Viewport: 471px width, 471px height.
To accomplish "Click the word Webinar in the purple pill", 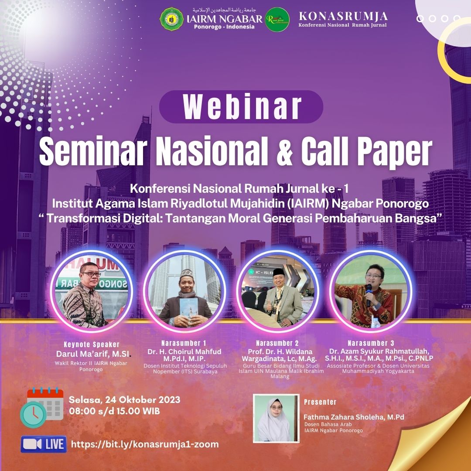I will pyautogui.click(x=241, y=106).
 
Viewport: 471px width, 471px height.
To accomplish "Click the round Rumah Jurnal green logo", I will pyautogui.click(x=277, y=19).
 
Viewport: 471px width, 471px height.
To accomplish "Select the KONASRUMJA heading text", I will pyautogui.click(x=343, y=17).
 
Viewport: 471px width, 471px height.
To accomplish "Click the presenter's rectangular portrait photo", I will pyautogui.click(x=276, y=419).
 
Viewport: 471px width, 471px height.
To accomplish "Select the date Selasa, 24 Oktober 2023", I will pyautogui.click(x=124, y=400).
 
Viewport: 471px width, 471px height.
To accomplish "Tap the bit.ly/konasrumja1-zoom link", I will pyautogui.click(x=145, y=444).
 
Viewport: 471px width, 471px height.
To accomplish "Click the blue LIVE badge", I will pyautogui.click(x=44, y=444).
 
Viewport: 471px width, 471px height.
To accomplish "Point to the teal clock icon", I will pyautogui.click(x=33, y=414).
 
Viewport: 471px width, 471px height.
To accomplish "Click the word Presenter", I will pyautogui.click(x=320, y=402).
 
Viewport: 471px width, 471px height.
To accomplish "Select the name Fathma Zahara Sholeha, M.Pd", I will pyautogui.click(x=354, y=417).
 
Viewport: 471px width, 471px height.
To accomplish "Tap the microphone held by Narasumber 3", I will pyautogui.click(x=369, y=293).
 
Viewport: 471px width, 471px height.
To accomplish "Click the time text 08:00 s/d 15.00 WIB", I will pyautogui.click(x=114, y=411).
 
